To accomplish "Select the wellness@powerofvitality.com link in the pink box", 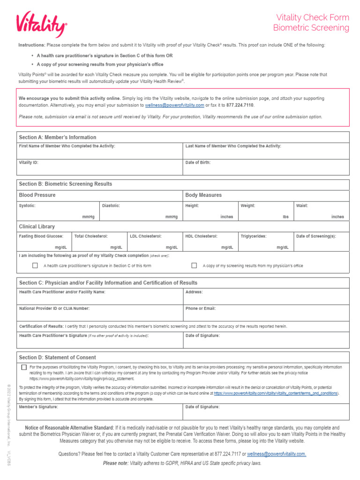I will [174, 105].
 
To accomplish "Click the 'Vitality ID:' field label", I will [29, 162].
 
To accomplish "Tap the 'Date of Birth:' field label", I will [198, 162].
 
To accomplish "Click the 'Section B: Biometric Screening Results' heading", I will [65, 184].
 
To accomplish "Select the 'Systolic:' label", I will [27, 205].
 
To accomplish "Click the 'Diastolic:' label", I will [111, 205].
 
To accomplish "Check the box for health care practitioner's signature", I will [35, 265].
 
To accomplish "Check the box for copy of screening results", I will [194, 265].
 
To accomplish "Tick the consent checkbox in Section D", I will [24, 367].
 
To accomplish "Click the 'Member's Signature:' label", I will [38, 407].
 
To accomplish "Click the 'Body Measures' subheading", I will [203, 195].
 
